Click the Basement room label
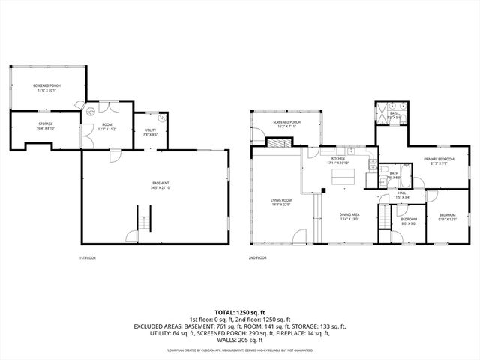[160, 185]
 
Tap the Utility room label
[150, 132]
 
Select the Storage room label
[46, 125]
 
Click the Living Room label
[281, 202]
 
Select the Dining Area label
[350, 216]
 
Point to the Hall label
[402, 194]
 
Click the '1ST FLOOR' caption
[87, 257]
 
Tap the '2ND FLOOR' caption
[257, 257]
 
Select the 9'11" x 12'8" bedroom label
[447, 217]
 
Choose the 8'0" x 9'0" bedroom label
[409, 220]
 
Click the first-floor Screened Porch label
[46, 88]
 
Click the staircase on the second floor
[384, 218]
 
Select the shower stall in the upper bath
[383, 115]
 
